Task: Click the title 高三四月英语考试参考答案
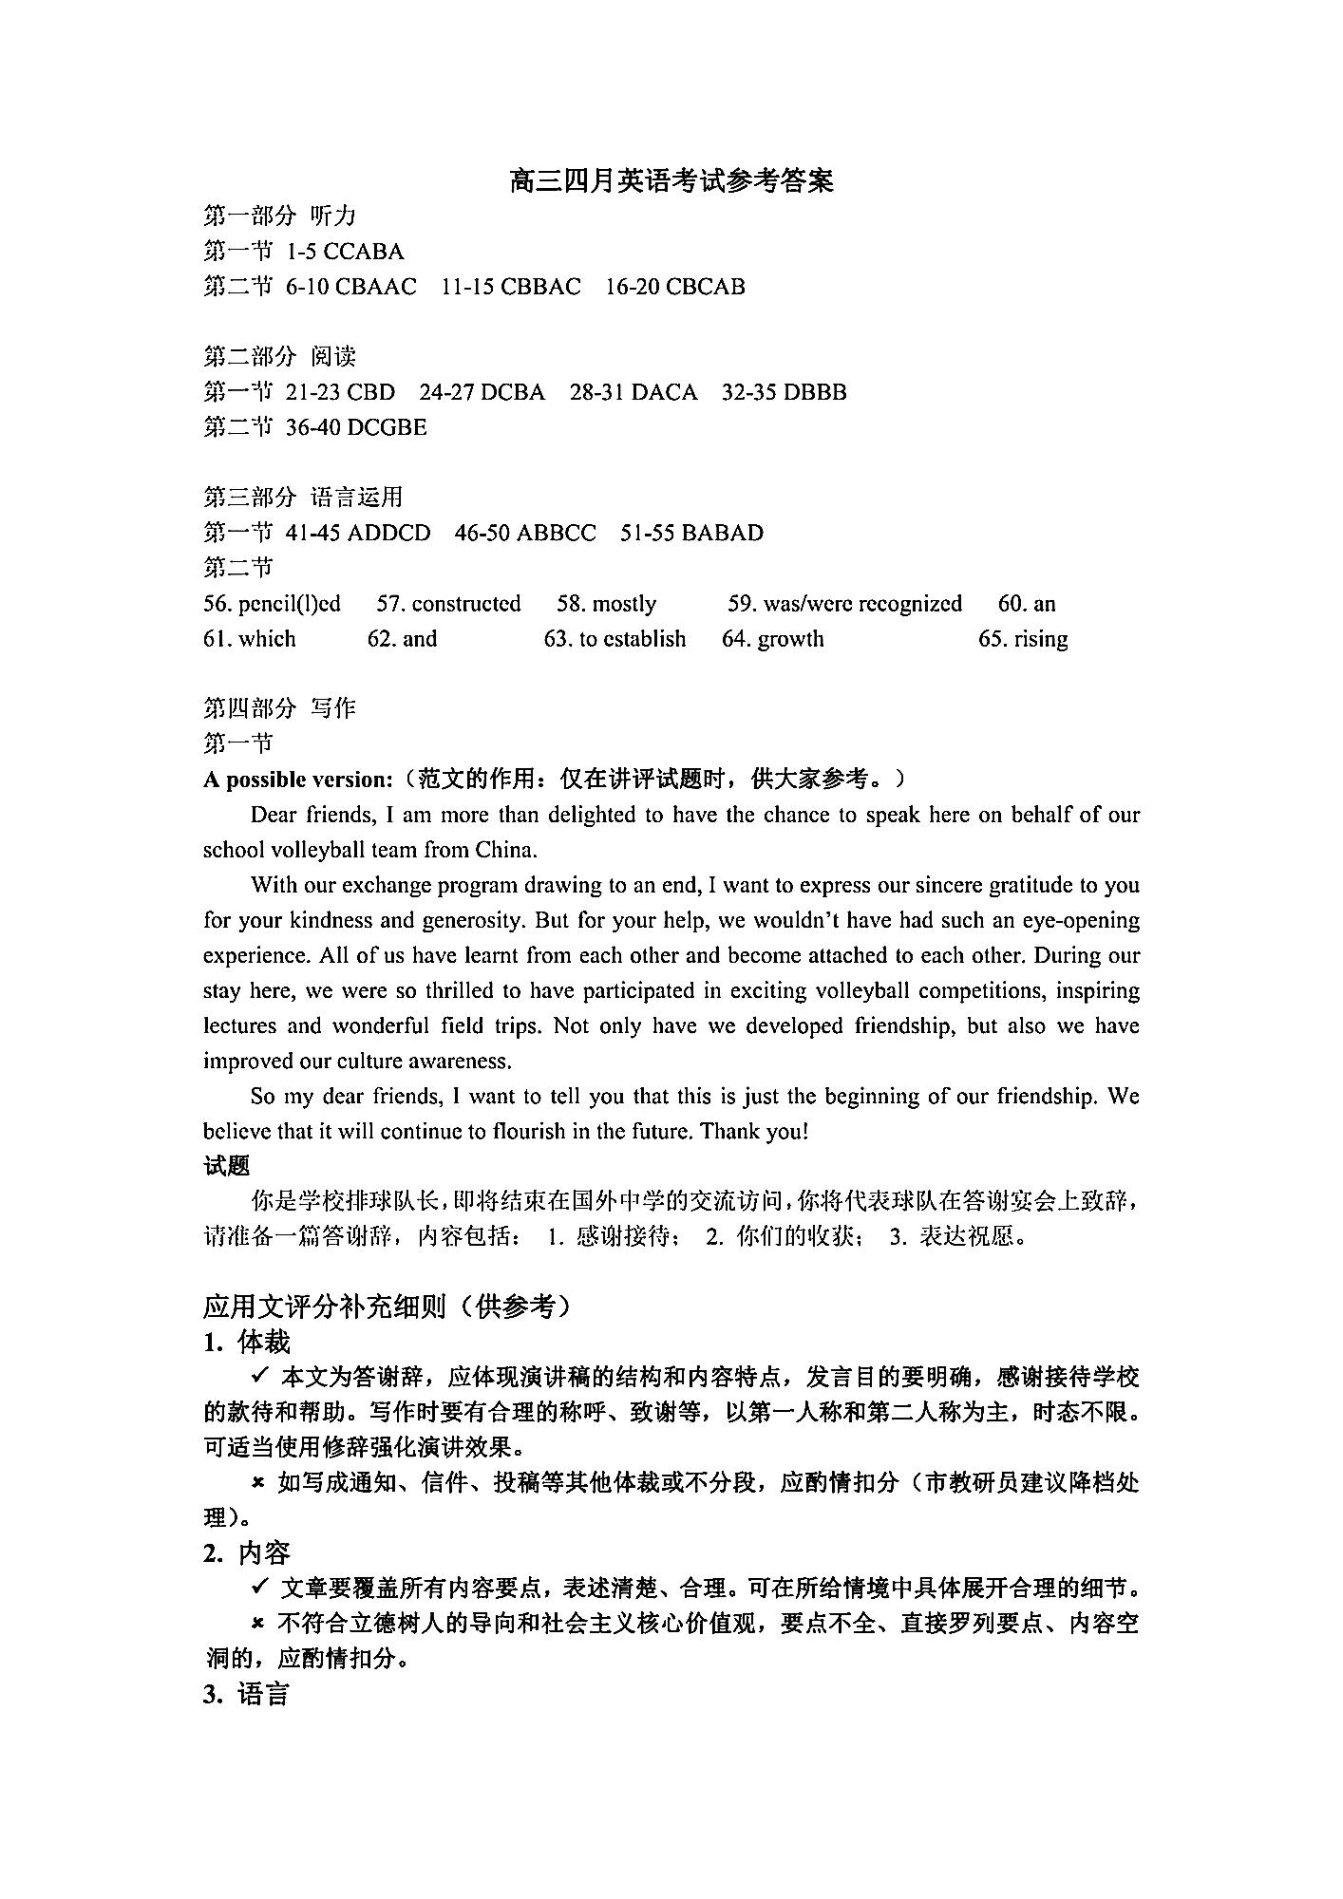(x=671, y=180)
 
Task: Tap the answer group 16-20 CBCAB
(x=675, y=287)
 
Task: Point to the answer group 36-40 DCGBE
(x=356, y=427)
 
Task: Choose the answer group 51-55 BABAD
(x=691, y=533)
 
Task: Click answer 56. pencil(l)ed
(x=272, y=604)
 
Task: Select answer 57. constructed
(x=448, y=604)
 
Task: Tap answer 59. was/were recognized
(x=844, y=604)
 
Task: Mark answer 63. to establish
(x=615, y=639)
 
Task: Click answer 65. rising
(x=1023, y=639)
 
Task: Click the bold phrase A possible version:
(x=297, y=780)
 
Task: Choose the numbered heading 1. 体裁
(x=246, y=1342)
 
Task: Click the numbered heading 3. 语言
(x=246, y=1694)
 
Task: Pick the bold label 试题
(x=227, y=1166)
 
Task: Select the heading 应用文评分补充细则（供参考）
(x=389, y=1307)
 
